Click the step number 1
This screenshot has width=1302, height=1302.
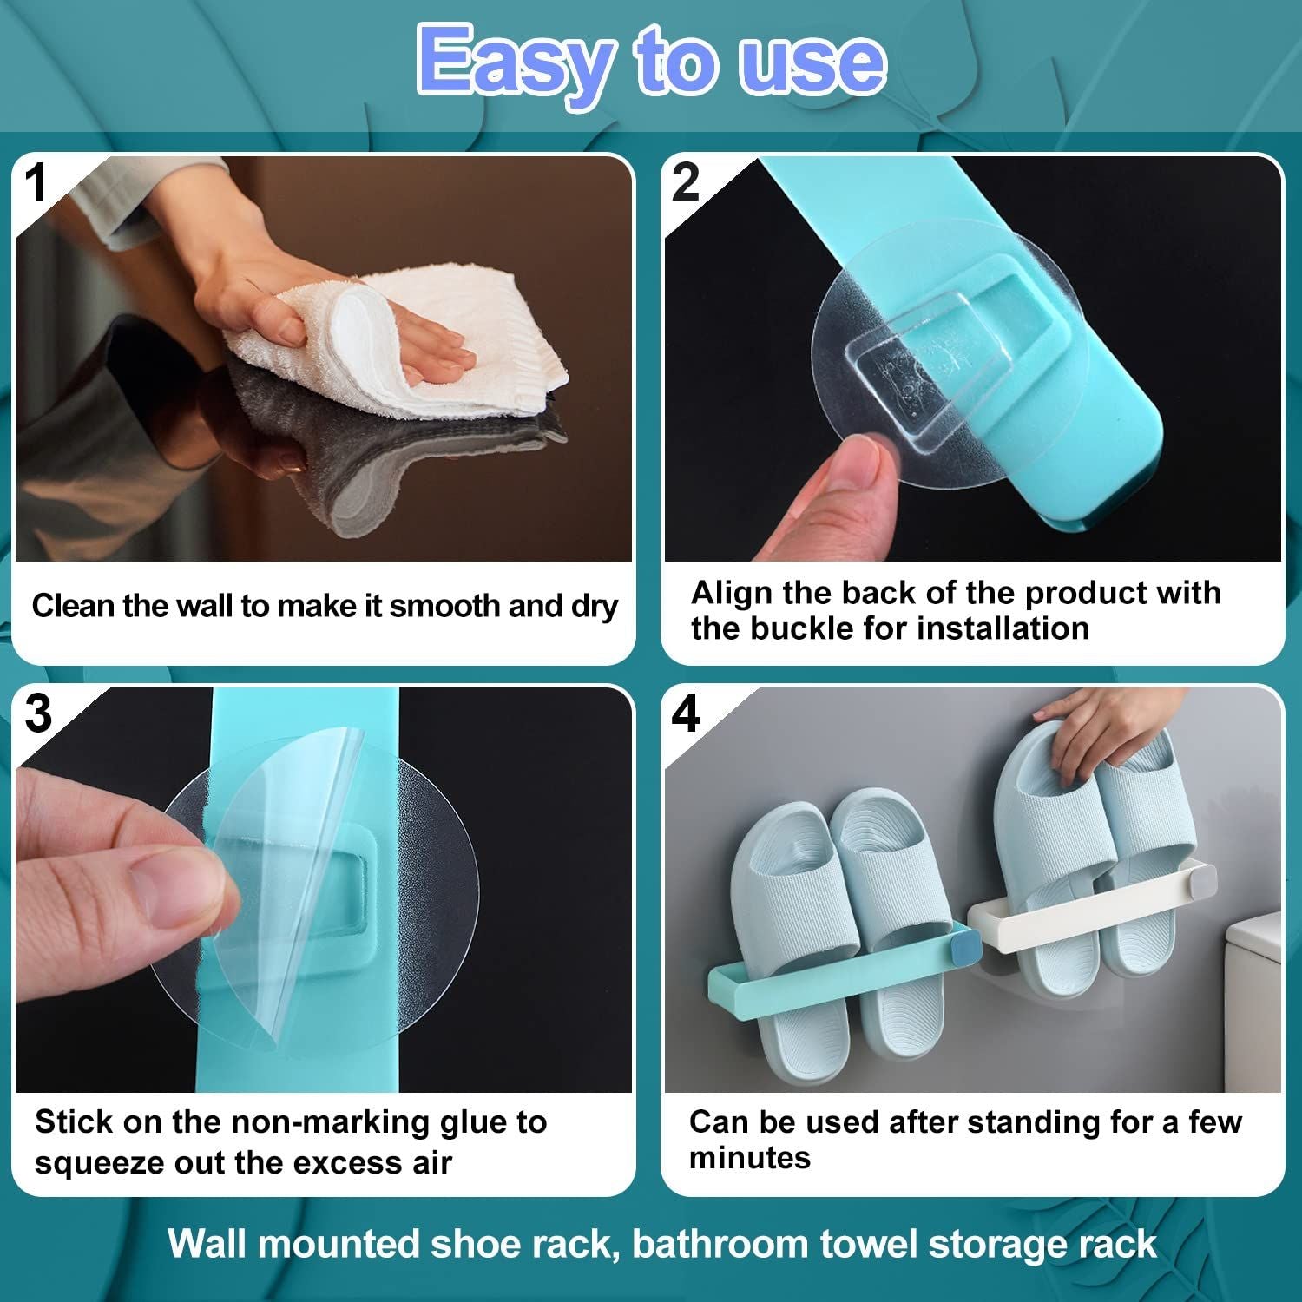36,183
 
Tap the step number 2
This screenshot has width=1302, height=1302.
686,183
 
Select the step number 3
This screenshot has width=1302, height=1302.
38,714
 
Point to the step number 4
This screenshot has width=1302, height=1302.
686,714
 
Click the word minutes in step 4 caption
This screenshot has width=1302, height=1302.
749,1158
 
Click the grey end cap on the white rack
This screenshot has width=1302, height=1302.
1202,881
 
